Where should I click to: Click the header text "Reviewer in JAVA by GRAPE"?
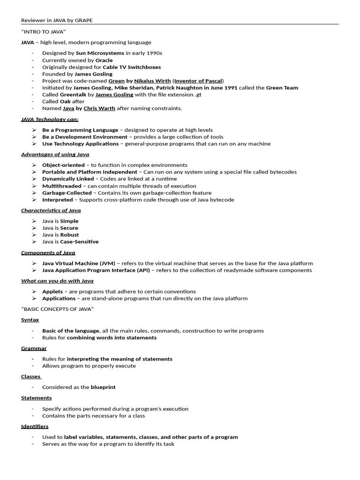(x=60, y=21)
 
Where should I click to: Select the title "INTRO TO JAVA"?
(x=43, y=32)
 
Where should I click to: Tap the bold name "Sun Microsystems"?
(x=100, y=53)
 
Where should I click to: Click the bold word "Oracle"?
(x=104, y=60)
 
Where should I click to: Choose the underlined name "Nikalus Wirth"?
(x=153, y=81)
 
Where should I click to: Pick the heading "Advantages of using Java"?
(x=55, y=154)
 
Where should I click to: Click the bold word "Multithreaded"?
(x=61, y=186)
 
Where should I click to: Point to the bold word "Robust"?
(x=69, y=235)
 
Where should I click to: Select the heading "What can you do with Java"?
(x=57, y=281)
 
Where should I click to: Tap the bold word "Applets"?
(x=52, y=292)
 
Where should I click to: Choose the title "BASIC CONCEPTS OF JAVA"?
(x=58, y=309)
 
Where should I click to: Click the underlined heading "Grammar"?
(x=34, y=349)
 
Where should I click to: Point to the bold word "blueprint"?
(x=103, y=387)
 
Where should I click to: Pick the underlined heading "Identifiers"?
(x=35, y=427)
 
